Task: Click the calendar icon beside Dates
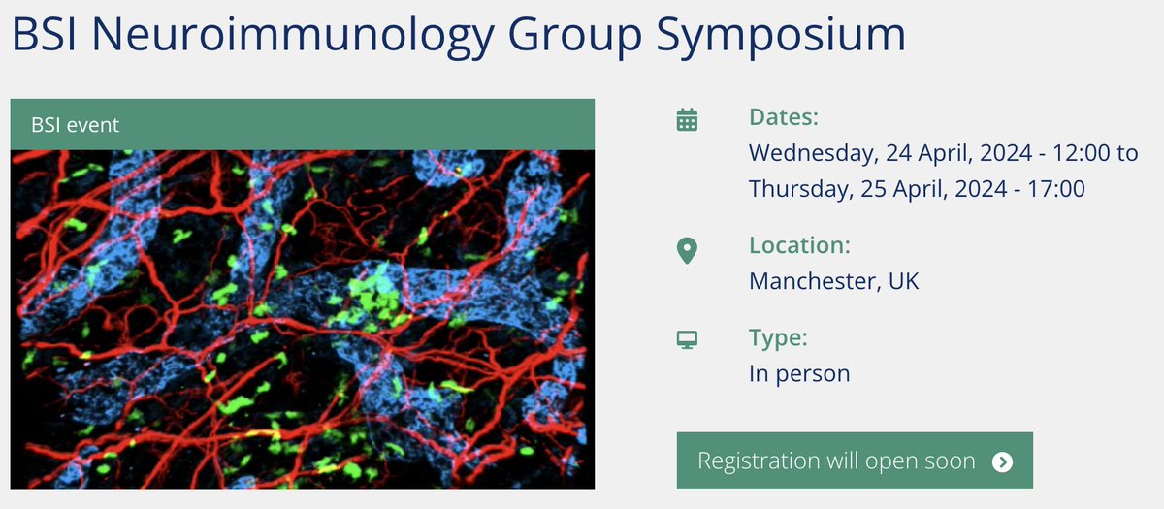point(687,119)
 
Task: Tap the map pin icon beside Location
point(687,250)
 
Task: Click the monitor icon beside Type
point(687,340)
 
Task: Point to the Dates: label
point(784,118)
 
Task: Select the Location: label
point(799,246)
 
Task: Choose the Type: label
point(778,338)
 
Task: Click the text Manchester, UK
point(833,281)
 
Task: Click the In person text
point(799,372)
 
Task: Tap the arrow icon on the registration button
point(1003,461)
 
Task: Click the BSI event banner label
point(76,125)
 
